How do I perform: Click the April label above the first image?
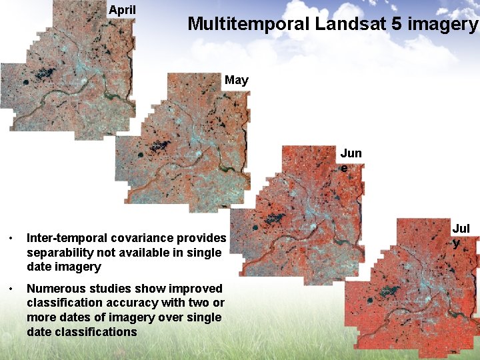[x=122, y=10]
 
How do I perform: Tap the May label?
[x=237, y=81]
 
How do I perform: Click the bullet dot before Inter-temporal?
[x=10, y=239]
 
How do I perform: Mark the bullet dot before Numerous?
[x=10, y=289]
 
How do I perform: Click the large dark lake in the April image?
[x=45, y=72]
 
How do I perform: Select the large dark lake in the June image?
[x=273, y=217]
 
